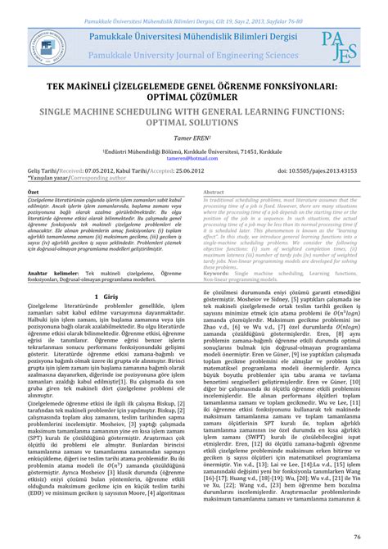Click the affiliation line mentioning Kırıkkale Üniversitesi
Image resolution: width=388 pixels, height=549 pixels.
tap(193, 151)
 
